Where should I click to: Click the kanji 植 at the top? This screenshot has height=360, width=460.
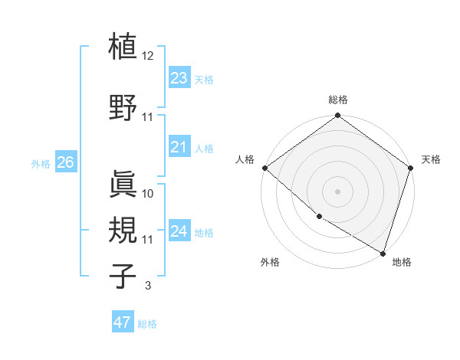tap(123, 47)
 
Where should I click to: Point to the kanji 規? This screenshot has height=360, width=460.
tap(123, 227)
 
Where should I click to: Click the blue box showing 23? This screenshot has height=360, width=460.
tap(179, 77)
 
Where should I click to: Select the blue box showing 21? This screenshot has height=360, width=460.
tap(179, 146)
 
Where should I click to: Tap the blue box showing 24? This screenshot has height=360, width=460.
tap(179, 231)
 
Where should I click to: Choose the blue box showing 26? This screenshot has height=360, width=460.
tap(65, 162)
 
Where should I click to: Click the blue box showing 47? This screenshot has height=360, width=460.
tap(123, 322)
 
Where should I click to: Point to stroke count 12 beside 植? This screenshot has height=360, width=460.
tap(148, 56)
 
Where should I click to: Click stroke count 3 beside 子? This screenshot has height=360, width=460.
tap(147, 286)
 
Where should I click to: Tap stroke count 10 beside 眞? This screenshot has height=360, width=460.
tap(148, 193)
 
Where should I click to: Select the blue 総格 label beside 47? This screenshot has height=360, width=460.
tap(147, 323)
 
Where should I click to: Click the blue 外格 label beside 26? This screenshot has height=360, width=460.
tap(41, 163)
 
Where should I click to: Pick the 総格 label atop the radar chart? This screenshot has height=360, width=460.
tap(337, 100)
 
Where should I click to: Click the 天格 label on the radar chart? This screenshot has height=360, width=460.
tap(431, 159)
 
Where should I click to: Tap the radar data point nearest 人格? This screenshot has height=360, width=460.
tap(264, 168)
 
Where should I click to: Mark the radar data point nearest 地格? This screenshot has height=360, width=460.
tap(383, 253)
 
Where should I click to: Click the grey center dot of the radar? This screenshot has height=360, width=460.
tap(337, 191)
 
